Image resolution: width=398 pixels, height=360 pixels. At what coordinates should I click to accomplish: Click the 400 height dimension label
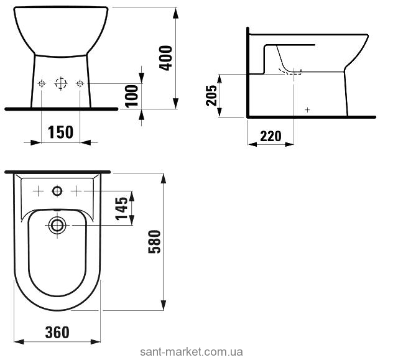[165, 58]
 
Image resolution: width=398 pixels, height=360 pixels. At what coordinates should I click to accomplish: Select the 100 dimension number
[132, 96]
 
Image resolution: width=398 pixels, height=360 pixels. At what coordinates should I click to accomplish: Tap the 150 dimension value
[61, 132]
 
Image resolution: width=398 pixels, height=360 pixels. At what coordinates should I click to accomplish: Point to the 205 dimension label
[211, 95]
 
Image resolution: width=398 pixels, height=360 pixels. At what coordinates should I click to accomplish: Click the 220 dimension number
[271, 136]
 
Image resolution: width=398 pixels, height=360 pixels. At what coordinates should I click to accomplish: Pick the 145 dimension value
[122, 208]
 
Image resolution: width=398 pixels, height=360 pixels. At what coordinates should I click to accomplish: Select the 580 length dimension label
[154, 242]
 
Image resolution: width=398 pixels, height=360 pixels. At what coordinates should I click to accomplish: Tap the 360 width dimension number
[57, 333]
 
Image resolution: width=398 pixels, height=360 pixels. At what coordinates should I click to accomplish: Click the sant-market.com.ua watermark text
[192, 352]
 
